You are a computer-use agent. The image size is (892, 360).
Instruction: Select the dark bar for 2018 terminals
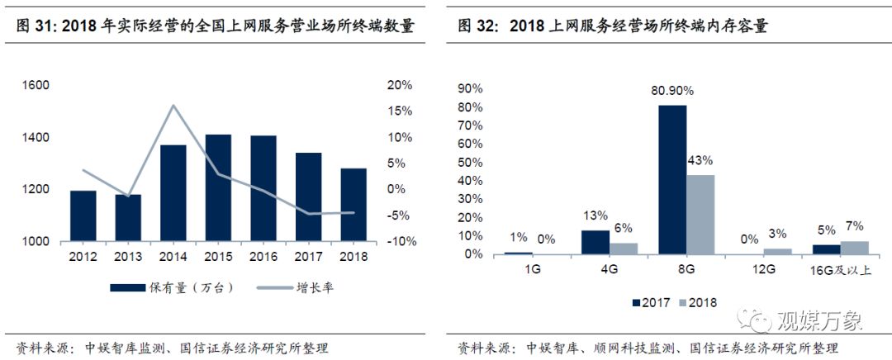[353, 205]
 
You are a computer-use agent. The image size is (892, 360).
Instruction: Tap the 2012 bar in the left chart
[83, 216]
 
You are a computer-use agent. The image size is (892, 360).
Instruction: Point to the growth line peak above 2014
[173, 106]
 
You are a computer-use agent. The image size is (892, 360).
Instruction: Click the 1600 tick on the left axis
[36, 86]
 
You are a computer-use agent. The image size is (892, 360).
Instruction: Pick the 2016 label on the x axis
[263, 257]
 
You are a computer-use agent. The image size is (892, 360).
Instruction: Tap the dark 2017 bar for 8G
[673, 179]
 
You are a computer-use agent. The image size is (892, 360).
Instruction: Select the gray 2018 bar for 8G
[700, 214]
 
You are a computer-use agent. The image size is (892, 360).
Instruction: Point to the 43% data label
[700, 160]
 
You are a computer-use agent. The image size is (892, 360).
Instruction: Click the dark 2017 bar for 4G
[595, 241]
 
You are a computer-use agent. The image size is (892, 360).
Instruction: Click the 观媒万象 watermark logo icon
[757, 317]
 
